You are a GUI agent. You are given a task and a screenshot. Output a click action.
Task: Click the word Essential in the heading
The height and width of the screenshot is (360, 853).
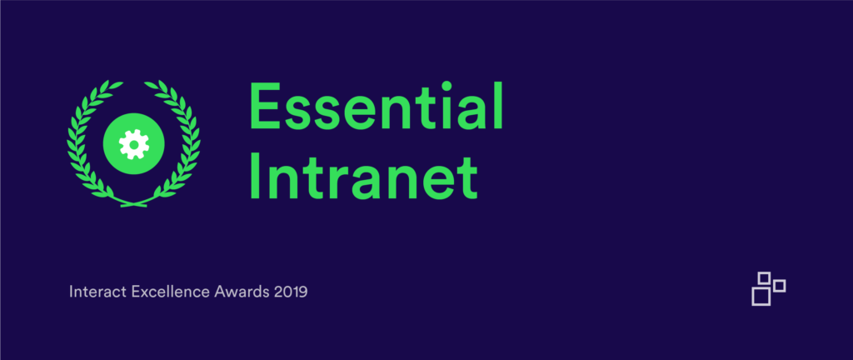pos(376,107)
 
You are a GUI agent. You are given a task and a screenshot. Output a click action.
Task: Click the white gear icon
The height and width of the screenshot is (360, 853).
pos(133,144)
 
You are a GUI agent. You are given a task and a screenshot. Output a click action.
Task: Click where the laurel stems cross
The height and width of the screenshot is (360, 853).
pos(134,204)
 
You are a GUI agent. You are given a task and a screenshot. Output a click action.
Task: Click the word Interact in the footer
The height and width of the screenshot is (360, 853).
pos(98,292)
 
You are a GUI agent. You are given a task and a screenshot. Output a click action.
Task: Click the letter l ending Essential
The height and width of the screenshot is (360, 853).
pos(498,107)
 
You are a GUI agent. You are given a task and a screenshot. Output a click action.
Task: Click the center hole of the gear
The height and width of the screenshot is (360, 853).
pos(133,144)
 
